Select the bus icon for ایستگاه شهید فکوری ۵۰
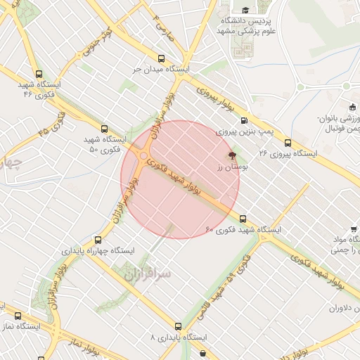[105, 129]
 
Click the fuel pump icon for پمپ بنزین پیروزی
[244, 120]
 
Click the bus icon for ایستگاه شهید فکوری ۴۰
[243, 219]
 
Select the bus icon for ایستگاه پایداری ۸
[178, 326]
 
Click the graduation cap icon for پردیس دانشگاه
[245, 10]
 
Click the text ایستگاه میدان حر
[162, 70]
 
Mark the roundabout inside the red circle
[143, 155]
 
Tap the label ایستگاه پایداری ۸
[178, 337]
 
